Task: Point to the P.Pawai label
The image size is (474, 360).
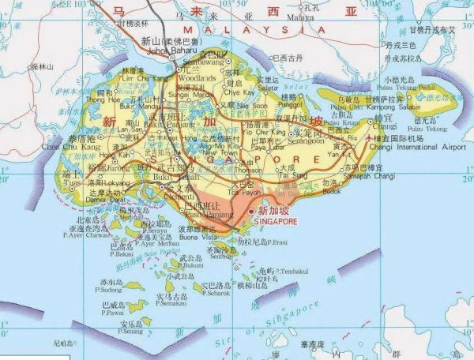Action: click(112, 312)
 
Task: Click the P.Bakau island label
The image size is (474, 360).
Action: click(123, 254)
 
